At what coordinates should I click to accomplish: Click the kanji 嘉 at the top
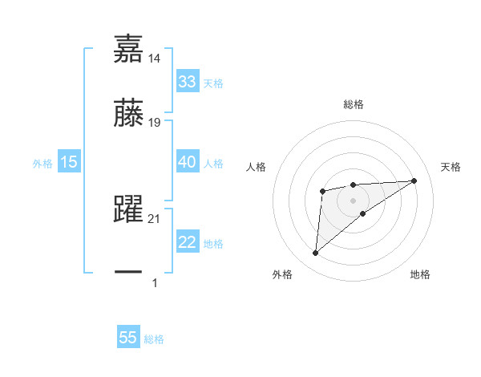coord(128,49)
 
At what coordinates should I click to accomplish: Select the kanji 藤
coord(128,113)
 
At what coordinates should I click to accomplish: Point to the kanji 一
coord(128,273)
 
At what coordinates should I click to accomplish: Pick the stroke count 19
coord(156,123)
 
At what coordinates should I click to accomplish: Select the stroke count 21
coord(156,219)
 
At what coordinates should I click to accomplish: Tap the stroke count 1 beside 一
coord(155,282)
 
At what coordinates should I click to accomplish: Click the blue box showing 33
coord(188,82)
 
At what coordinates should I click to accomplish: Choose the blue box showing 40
coord(188,162)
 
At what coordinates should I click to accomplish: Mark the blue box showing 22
coord(188,243)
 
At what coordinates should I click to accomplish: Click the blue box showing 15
coord(69,162)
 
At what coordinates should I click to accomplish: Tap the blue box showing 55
coord(128,338)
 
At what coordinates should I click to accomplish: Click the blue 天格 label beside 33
coord(213,83)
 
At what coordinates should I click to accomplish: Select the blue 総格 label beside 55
coord(154,339)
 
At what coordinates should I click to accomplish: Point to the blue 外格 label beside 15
coord(42,164)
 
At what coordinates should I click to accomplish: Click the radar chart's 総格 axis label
coord(353,104)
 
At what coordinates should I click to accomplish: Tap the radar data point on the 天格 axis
coord(414,180)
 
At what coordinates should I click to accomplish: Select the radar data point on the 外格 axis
coord(316,253)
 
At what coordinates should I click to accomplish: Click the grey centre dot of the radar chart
coord(353,200)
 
